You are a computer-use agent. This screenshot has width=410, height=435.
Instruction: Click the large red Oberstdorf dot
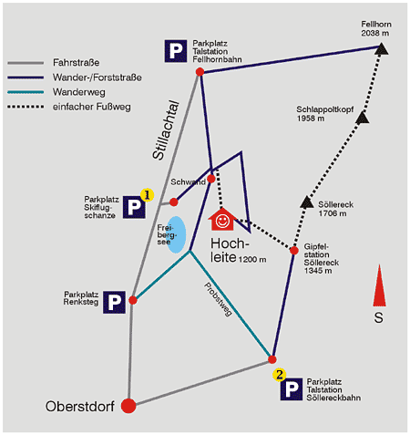click(x=128, y=406)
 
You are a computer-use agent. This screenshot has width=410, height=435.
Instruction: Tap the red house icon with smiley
click(x=222, y=220)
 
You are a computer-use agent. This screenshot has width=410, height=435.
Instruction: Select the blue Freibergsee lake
click(x=176, y=234)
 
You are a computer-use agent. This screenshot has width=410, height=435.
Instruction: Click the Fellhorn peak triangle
click(x=381, y=49)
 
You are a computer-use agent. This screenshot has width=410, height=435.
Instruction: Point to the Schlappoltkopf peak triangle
click(x=362, y=118)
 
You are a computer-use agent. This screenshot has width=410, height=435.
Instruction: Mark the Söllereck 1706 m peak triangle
click(x=307, y=202)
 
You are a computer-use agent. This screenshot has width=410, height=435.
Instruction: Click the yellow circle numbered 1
click(x=147, y=195)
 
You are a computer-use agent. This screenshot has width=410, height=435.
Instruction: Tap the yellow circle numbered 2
click(x=280, y=375)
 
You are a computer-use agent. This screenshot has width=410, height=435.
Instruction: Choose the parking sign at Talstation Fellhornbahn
click(x=176, y=51)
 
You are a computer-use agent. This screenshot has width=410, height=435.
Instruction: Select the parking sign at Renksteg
click(x=114, y=302)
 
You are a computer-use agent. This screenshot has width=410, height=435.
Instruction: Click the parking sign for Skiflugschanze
click(x=134, y=207)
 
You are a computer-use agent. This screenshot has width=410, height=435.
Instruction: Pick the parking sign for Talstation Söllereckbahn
click(x=292, y=389)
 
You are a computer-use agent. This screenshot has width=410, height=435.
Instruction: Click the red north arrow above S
click(x=379, y=285)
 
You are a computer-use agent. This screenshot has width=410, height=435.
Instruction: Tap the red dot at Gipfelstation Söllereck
click(x=294, y=251)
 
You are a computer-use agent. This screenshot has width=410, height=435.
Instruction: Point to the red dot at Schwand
click(x=211, y=179)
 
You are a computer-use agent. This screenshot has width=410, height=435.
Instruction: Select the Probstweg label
click(x=218, y=299)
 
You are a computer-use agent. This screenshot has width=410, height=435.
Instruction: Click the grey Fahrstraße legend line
click(x=26, y=63)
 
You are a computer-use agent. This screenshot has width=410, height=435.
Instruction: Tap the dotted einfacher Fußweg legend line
click(x=26, y=107)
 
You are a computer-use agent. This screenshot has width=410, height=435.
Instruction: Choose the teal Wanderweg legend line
click(x=26, y=92)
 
